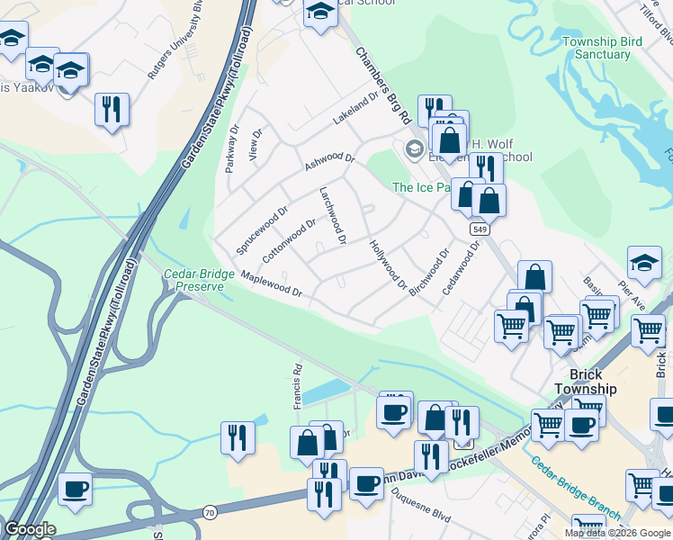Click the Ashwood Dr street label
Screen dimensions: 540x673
click(330, 161)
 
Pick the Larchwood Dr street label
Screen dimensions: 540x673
click(333, 216)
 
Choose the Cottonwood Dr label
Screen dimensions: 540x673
click(290, 240)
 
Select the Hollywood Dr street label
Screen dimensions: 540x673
click(389, 264)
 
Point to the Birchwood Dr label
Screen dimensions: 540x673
click(428, 273)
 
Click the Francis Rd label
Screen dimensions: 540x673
click(296, 386)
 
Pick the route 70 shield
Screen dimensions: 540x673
click(210, 512)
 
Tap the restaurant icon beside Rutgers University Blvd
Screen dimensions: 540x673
click(111, 110)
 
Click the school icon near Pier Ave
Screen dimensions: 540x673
click(644, 262)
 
